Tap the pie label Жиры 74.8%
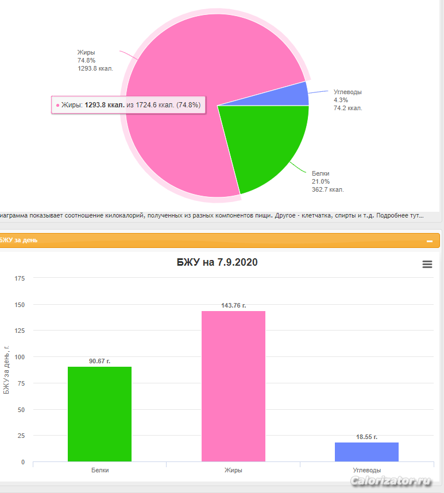[x=95, y=60]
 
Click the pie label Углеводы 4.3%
[x=348, y=100]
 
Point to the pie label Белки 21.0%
[x=327, y=181]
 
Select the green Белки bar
[x=99, y=413]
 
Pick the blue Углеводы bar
[x=366, y=452]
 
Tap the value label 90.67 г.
[x=99, y=361]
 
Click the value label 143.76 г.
[x=233, y=305]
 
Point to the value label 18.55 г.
[x=366, y=437]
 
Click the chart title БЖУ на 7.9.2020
[x=217, y=262]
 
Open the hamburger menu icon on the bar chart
[x=427, y=264]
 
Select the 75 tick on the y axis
[x=21, y=383]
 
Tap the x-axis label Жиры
[x=233, y=470]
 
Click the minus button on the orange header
[x=430, y=241]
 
